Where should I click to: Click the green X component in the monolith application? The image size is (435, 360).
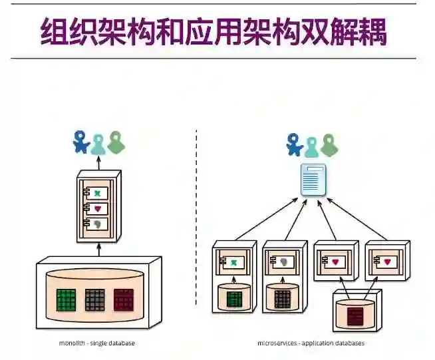click(98, 193)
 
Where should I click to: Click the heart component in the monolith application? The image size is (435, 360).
click(98, 209)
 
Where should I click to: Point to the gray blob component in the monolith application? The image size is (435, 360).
click(98, 225)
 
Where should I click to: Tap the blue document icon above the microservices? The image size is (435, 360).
click(313, 179)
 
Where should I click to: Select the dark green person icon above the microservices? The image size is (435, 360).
click(329, 144)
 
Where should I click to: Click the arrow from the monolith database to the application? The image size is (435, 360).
click(98, 249)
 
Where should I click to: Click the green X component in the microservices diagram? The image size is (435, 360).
click(233, 262)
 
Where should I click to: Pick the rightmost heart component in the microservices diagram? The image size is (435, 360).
click(387, 262)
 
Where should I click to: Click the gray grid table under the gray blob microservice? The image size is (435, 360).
click(283, 299)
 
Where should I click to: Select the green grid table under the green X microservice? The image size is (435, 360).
click(234, 299)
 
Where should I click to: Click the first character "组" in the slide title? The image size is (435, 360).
click(55, 31)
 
